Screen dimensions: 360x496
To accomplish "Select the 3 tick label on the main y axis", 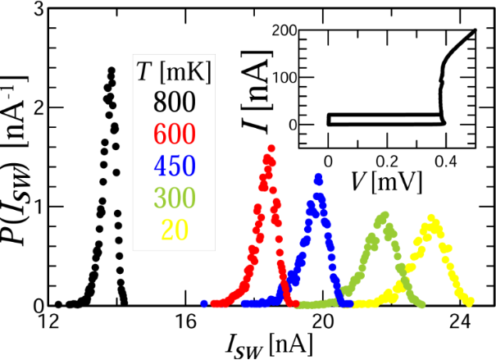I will click(x=36, y=11).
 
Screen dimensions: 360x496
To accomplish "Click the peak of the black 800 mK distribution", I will click(x=111, y=69).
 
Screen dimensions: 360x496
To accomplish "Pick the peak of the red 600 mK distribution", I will click(x=271, y=148).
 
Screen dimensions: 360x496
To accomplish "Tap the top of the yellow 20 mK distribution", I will click(x=430, y=217).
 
